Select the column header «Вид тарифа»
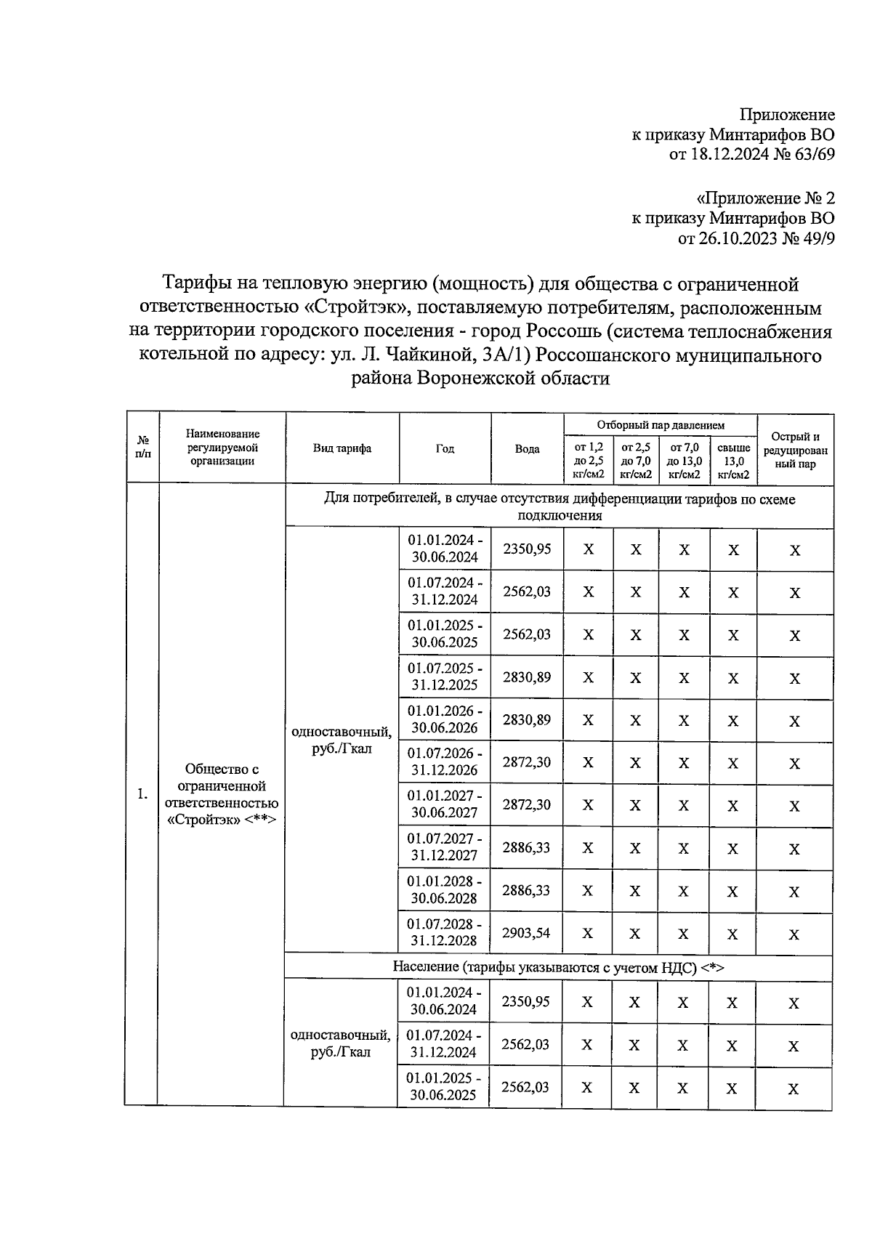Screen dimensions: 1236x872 coord(342,448)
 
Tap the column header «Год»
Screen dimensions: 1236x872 coord(445,448)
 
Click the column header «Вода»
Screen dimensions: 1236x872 coord(527,448)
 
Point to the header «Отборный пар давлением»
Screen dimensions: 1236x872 coord(661,425)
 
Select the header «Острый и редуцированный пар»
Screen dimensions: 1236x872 coord(795,450)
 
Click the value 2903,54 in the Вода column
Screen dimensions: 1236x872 coord(527,932)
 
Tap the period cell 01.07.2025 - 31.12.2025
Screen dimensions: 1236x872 coord(445,676)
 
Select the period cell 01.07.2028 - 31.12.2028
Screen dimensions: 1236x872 coord(445,932)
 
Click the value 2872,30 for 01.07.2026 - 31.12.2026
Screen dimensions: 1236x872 coord(527,762)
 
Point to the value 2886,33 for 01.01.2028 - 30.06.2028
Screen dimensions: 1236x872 coord(527,890)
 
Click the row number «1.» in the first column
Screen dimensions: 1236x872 coord(142,794)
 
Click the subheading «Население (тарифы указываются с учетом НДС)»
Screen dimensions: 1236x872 coord(558,967)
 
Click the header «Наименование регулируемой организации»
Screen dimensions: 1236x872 coord(222,448)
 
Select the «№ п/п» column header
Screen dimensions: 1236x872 coord(142,448)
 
